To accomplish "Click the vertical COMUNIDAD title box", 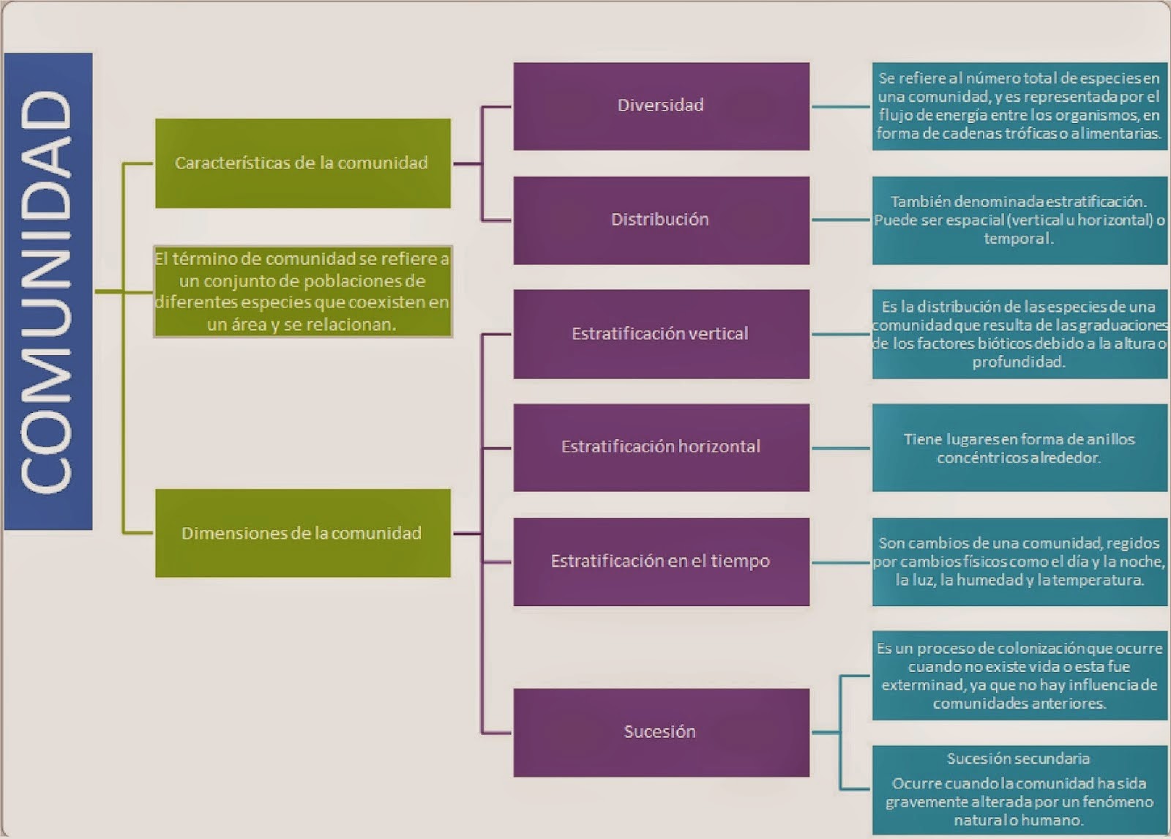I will (x=48, y=291).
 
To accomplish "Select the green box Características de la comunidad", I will (x=302, y=163).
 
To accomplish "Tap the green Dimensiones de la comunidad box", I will (x=302, y=533).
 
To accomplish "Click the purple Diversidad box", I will (x=661, y=106).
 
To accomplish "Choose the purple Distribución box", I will (x=661, y=220).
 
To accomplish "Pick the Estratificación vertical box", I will (x=661, y=334).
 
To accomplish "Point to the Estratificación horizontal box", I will (x=661, y=447).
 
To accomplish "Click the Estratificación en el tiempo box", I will (x=661, y=562).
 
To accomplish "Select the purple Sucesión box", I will (x=661, y=732).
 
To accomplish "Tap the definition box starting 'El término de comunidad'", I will (x=302, y=291).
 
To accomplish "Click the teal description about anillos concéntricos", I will (x=1020, y=448).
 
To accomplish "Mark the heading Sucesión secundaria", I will (x=1018, y=758).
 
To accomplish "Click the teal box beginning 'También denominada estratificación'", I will (x=1020, y=220).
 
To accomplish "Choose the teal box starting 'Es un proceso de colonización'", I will (x=1020, y=676).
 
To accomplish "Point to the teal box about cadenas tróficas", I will (x=1020, y=106).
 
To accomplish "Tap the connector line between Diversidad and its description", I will (x=840, y=107).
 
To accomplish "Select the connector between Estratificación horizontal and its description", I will (x=840, y=448).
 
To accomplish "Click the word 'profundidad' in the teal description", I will (x=1018, y=362).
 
